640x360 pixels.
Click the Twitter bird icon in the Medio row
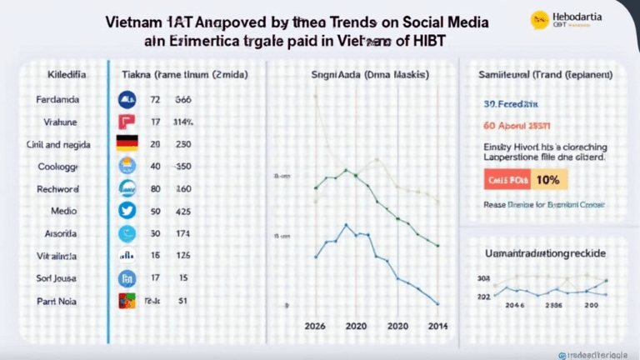[127, 211]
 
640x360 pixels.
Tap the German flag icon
[127, 142]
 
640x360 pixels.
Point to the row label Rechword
[59, 188]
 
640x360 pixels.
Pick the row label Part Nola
[59, 301]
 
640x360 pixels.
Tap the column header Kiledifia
[59, 74]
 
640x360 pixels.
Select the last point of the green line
[438, 245]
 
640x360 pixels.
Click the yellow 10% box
[548, 178]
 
